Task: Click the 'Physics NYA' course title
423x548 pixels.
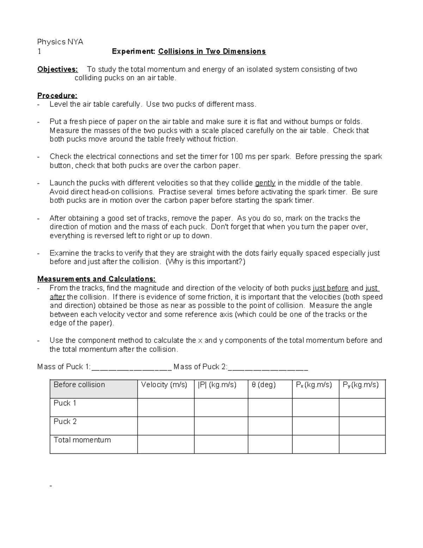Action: [60, 42]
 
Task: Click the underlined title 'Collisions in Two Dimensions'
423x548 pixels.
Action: [212, 52]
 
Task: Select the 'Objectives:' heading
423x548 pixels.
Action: [57, 69]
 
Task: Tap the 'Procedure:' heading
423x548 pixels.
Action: [57, 96]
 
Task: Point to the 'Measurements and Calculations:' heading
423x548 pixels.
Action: [97, 279]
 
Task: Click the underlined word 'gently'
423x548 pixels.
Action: [265, 183]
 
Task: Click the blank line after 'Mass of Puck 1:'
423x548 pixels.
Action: [131, 367]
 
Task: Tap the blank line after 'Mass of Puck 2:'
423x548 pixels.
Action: [268, 367]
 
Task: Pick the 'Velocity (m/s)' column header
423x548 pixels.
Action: [164, 385]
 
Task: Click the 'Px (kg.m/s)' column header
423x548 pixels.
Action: [314, 385]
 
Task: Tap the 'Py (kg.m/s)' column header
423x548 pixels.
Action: [361, 385]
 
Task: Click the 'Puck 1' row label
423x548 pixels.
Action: [65, 403]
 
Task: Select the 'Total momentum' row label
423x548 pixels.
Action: [82, 440]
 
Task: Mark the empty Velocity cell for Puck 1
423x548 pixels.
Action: [166, 408]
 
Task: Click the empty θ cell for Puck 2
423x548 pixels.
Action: [270, 426]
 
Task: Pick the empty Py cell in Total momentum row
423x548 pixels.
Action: [362, 444]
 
